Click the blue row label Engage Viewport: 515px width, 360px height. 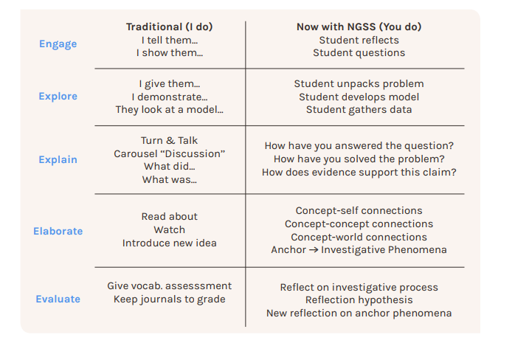click(58, 44)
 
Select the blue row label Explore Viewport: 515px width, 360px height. click(58, 96)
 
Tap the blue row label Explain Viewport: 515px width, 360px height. click(58, 159)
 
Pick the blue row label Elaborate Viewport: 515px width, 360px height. click(58, 231)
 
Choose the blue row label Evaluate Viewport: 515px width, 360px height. click(58, 299)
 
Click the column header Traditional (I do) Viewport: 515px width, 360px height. click(170, 27)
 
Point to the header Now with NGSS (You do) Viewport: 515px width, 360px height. click(359, 27)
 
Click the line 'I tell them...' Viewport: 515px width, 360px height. click(170, 40)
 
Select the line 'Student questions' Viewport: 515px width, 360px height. click(359, 53)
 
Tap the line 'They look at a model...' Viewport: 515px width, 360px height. click(170, 110)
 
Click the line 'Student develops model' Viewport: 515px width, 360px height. click(359, 97)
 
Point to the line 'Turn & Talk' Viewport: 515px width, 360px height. click(170, 141)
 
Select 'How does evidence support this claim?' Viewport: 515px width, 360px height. click(359, 172)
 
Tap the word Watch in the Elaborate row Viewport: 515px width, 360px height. click(170, 229)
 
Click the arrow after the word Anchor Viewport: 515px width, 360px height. click(314, 250)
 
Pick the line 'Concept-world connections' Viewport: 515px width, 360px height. click(359, 237)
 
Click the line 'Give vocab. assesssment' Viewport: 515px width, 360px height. click(170, 285)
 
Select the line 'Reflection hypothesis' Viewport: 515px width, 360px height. click(359, 300)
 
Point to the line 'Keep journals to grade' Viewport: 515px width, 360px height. click(170, 300)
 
